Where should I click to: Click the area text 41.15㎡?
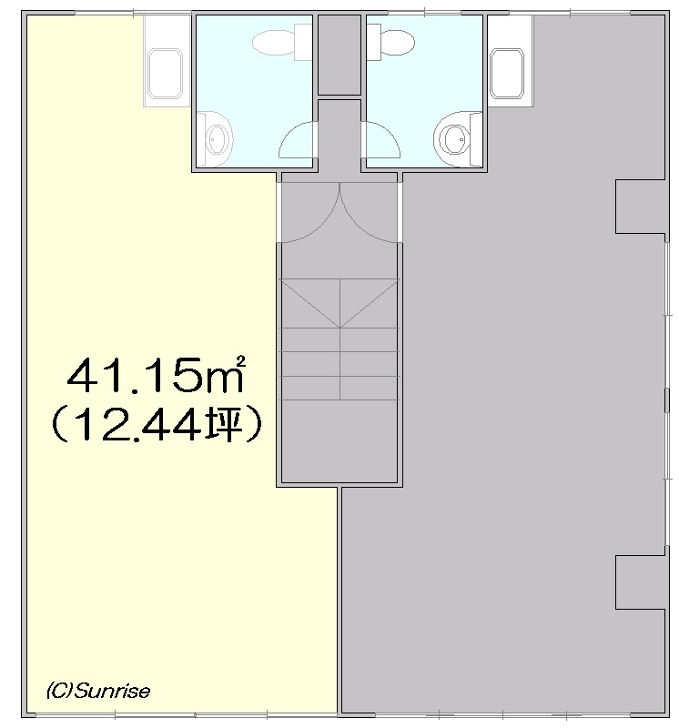(x=156, y=375)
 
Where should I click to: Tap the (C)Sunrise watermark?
(x=98, y=691)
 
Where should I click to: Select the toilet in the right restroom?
(x=390, y=42)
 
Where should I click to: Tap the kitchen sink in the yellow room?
(x=165, y=74)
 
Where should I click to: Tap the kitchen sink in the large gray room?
(x=507, y=74)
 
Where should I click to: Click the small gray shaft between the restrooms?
(x=339, y=55)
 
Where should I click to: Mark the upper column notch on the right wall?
(x=640, y=207)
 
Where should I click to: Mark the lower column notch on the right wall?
(x=640, y=582)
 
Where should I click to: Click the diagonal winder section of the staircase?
(x=339, y=303)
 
